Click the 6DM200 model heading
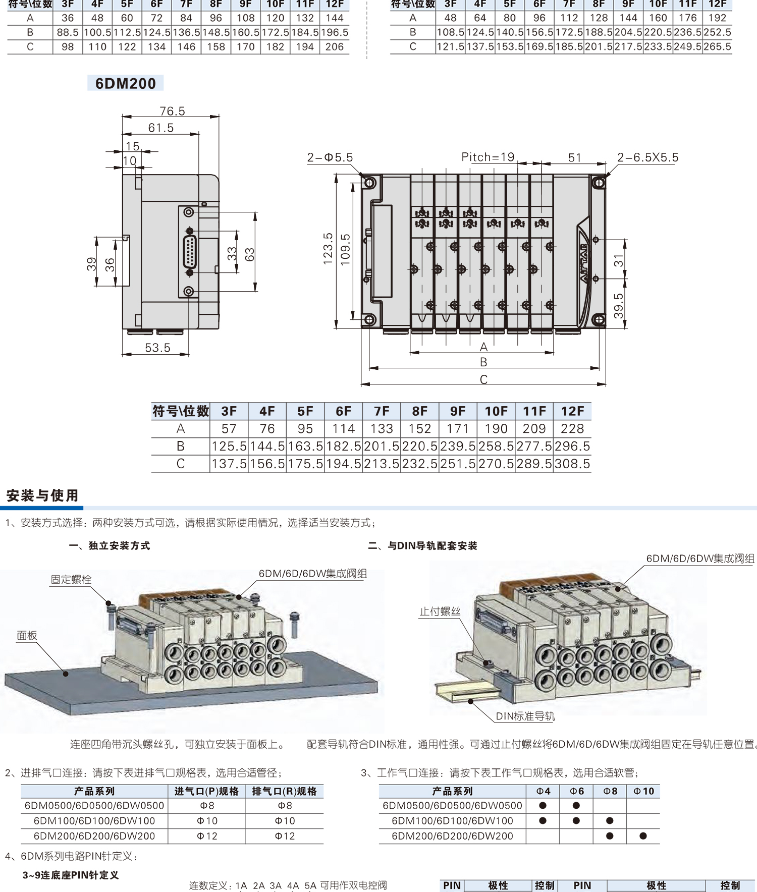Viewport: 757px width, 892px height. click(x=126, y=83)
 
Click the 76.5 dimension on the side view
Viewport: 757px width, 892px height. click(x=172, y=111)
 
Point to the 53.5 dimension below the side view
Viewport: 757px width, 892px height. click(x=157, y=348)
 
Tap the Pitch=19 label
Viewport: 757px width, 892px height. click(x=488, y=157)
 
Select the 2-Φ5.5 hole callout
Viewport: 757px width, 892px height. click(x=330, y=157)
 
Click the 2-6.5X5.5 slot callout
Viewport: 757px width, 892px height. click(x=647, y=157)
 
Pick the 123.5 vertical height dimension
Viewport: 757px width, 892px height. click(x=328, y=249)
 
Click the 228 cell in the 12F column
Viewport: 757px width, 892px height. click(x=572, y=429)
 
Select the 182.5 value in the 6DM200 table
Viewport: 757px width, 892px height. click(x=344, y=447)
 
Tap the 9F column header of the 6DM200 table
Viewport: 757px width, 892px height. click(x=458, y=411)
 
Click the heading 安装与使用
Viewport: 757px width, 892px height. click(x=42, y=495)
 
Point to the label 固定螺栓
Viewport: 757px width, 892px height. click(x=71, y=579)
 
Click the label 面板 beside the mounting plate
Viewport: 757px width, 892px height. click(x=27, y=636)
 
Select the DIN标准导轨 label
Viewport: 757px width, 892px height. click(x=525, y=716)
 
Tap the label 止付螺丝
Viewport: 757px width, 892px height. click(x=440, y=611)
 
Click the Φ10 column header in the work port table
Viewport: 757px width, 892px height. click(x=643, y=791)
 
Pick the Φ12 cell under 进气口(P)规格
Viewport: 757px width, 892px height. click(x=207, y=836)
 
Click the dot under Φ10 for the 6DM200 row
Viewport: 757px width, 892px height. click(x=643, y=836)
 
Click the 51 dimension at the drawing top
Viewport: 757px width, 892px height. click(x=574, y=157)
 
